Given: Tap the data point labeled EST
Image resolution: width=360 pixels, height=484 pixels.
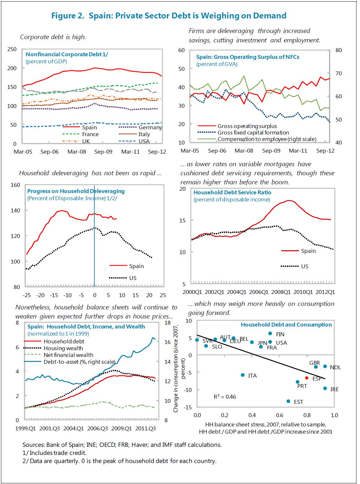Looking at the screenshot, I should [288, 401].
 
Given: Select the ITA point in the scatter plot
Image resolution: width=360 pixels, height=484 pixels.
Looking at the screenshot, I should [243, 375].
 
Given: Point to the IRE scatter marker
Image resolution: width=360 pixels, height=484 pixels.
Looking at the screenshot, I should [325, 388].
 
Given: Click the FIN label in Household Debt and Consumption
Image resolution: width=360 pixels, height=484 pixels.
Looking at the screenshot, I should [280, 334].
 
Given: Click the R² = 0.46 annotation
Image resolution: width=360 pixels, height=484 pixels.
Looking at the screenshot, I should [225, 396].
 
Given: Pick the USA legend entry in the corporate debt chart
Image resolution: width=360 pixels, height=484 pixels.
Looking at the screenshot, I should [144, 141].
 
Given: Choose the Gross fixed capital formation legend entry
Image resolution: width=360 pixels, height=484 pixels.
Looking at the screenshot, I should [253, 133].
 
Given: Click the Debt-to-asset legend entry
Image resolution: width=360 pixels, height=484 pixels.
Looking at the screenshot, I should [79, 362].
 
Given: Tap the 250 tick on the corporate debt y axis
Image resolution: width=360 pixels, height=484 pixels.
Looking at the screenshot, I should [12, 49].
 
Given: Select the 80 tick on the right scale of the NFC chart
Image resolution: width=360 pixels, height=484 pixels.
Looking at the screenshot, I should [338, 50].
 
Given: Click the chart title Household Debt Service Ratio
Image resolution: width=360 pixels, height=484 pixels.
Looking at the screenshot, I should [232, 192].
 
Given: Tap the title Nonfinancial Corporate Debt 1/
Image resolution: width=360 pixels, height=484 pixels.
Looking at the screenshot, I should [67, 54].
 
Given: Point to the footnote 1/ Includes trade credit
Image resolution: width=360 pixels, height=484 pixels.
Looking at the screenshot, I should [54, 453].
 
